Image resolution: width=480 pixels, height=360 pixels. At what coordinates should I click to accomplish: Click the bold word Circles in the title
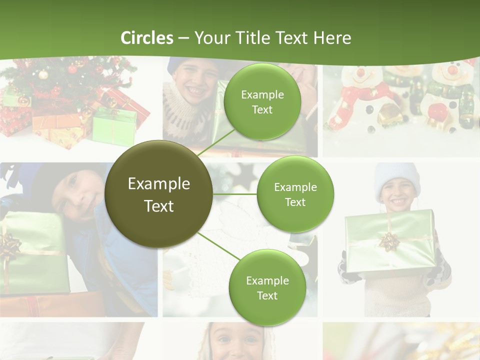(x=147, y=38)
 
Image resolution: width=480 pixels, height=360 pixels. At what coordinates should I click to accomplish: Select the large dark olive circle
(x=159, y=194)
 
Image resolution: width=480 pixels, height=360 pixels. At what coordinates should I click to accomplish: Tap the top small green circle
(x=262, y=102)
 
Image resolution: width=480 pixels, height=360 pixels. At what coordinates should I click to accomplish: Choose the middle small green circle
(x=295, y=194)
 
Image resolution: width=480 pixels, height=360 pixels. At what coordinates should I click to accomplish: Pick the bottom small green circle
(x=267, y=287)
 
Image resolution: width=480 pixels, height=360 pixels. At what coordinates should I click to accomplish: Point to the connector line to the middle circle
(x=235, y=194)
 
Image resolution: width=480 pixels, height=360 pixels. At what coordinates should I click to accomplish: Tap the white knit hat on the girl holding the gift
(x=398, y=175)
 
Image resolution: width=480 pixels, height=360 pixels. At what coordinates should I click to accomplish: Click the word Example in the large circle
(x=159, y=184)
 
